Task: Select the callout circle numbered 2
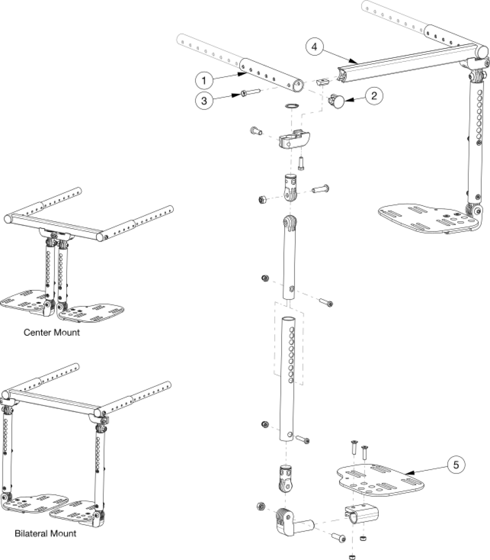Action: pyautogui.click(x=373, y=96)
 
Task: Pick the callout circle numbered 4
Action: pyautogui.click(x=315, y=48)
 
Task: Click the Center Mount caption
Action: pyautogui.click(x=51, y=332)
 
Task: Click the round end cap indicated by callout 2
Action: pyautogui.click(x=338, y=102)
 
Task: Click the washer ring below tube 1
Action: pyautogui.click(x=292, y=106)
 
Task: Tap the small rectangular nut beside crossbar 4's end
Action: pyautogui.click(x=321, y=82)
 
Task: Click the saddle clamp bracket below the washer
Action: pyautogui.click(x=292, y=142)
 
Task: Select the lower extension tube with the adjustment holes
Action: pyautogui.click(x=289, y=378)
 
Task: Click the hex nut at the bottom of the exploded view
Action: pyautogui.click(x=352, y=556)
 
